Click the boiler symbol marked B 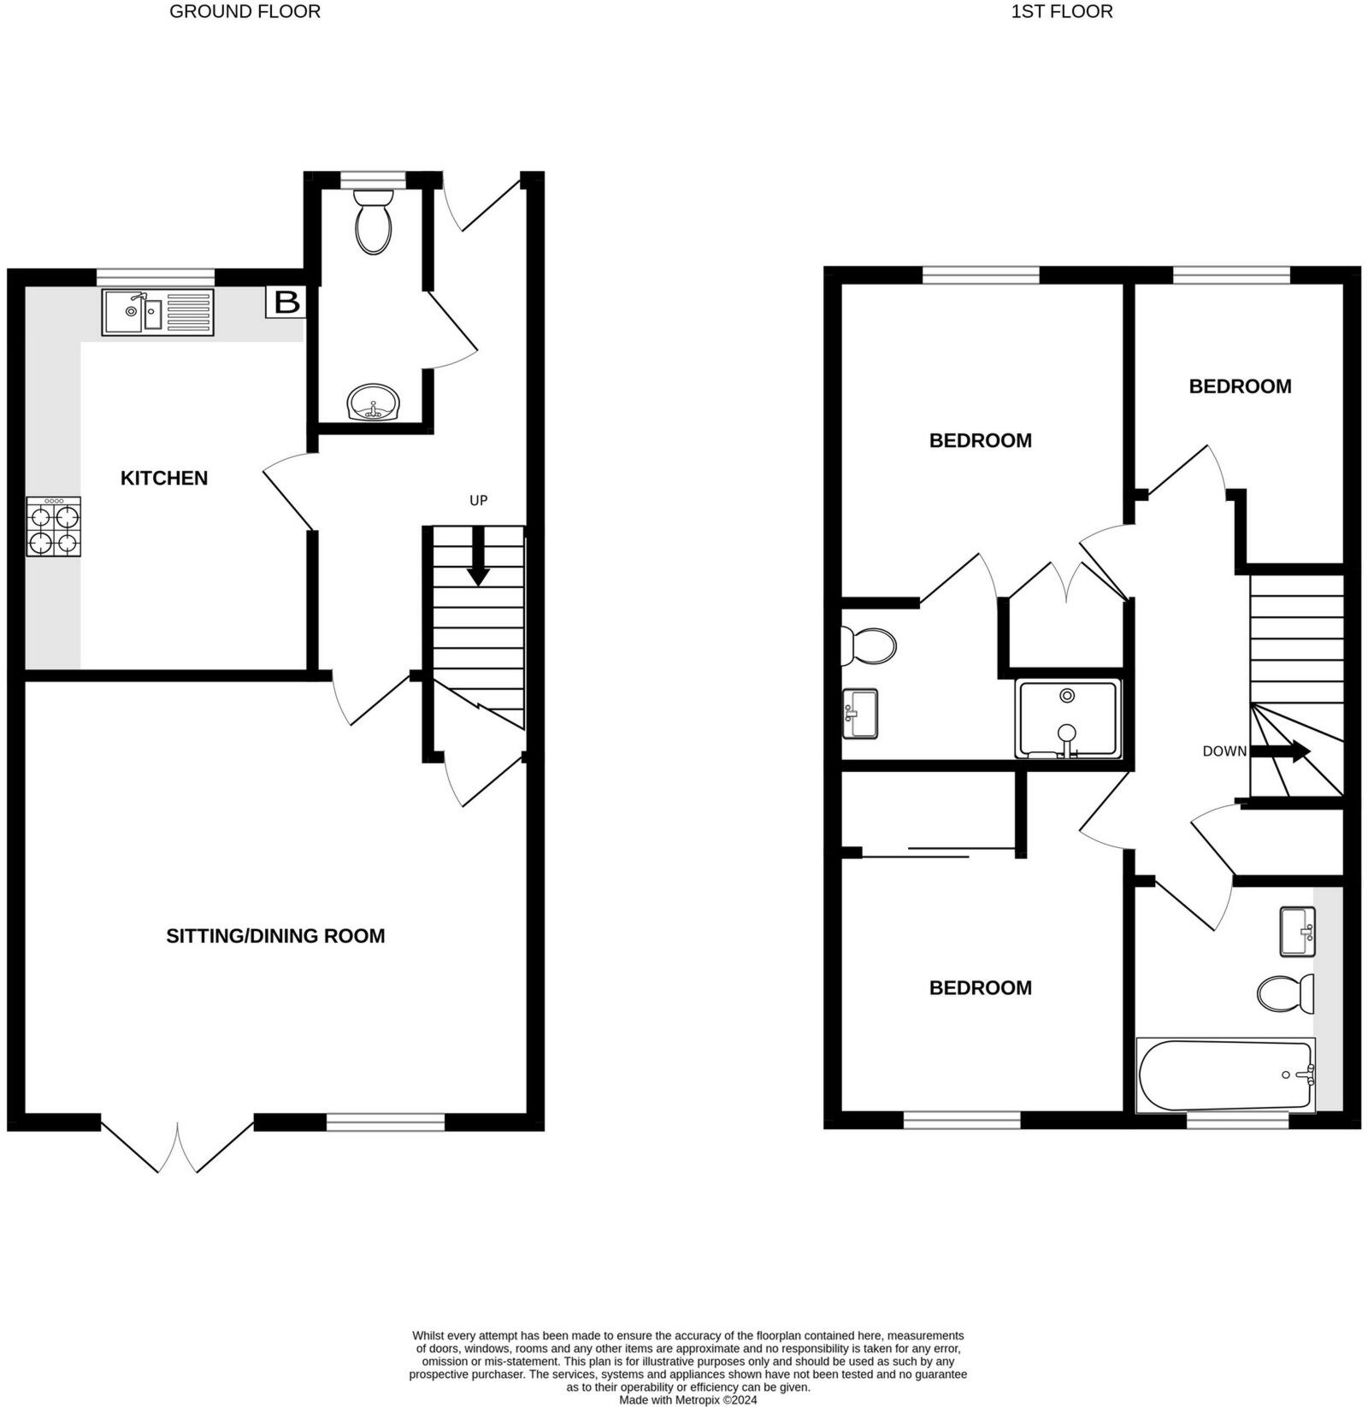(286, 302)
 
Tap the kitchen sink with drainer (158, 312)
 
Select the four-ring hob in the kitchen (54, 527)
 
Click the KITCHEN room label (164, 478)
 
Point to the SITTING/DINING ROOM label (275, 936)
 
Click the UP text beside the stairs (478, 500)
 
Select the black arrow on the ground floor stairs (478, 558)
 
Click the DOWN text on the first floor (1224, 751)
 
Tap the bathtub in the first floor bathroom (1224, 1074)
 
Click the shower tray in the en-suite (1067, 718)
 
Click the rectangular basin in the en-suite (860, 714)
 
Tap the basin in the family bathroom (1297, 932)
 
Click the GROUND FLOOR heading (245, 12)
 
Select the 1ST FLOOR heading (1062, 12)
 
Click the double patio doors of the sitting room (178, 1145)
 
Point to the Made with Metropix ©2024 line (687, 1400)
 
